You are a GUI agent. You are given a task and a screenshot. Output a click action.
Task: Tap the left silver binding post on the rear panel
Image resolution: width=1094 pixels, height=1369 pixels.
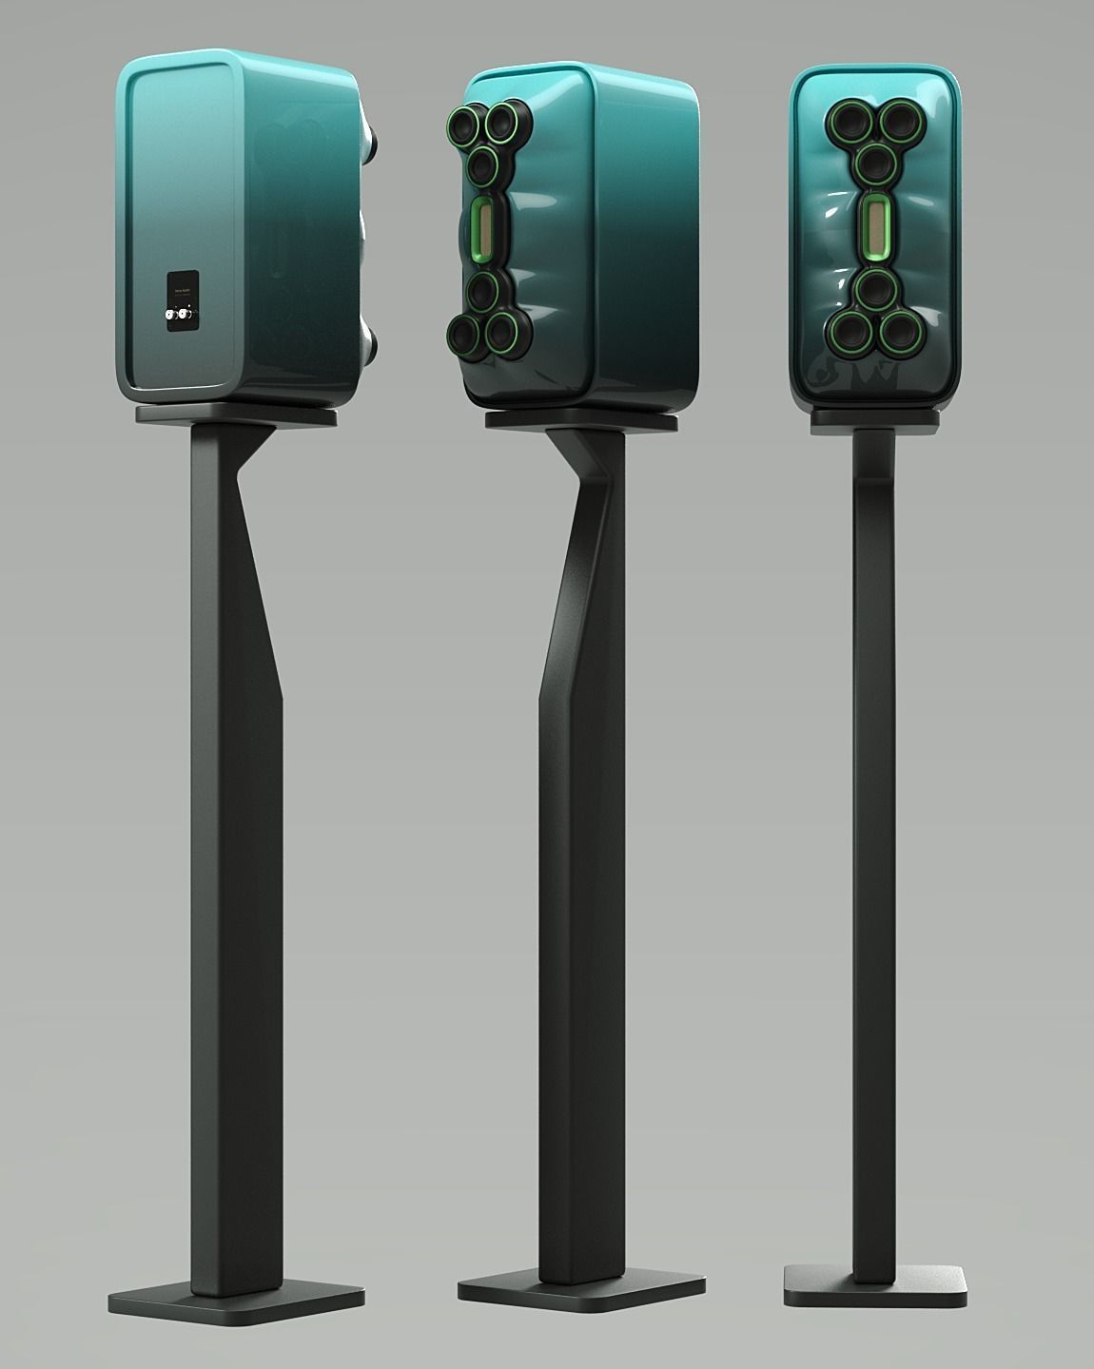click(169, 313)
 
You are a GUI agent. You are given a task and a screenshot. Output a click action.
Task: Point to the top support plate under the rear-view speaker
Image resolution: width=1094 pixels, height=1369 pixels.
click(236, 415)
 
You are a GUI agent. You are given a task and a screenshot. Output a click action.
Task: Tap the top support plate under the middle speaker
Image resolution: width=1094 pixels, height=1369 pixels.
click(582, 420)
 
